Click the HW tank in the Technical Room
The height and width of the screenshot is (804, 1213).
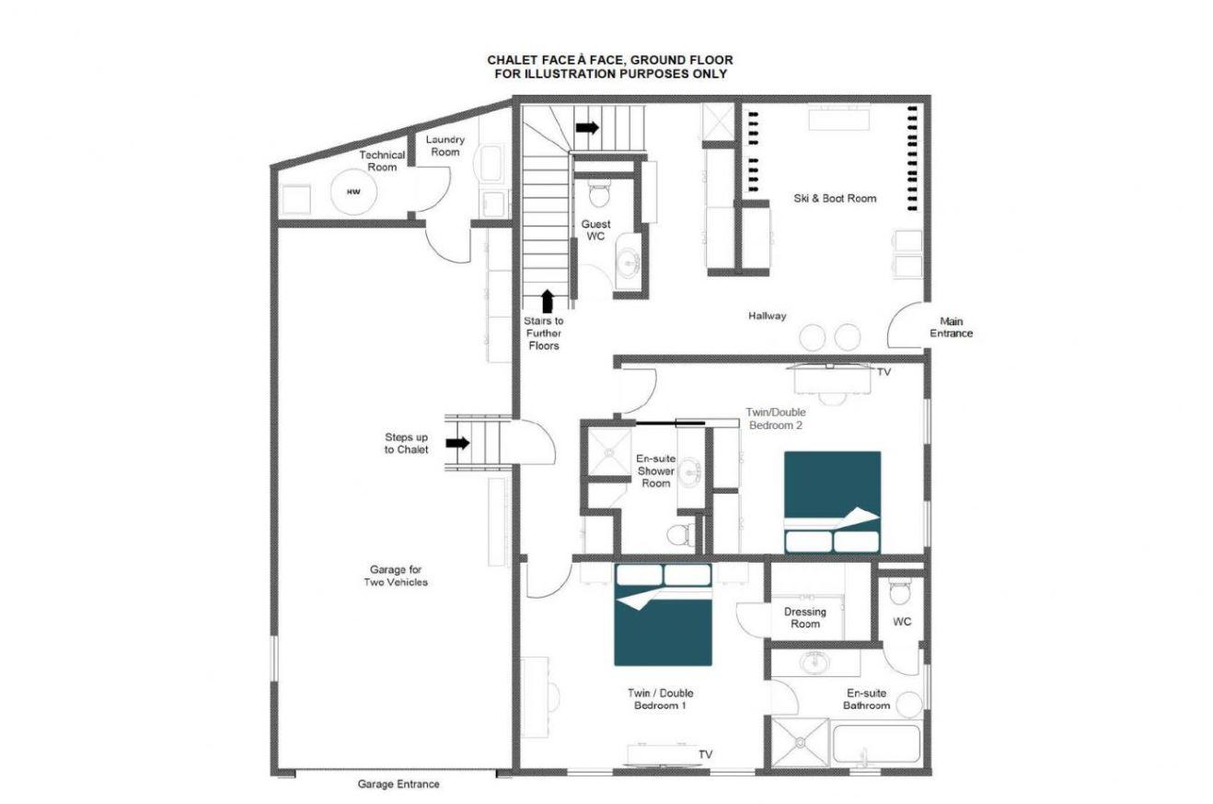click(353, 192)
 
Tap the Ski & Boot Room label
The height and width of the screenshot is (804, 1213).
click(835, 198)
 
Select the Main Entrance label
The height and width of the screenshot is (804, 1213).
click(951, 327)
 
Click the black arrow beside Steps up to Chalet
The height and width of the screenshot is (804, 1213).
click(457, 443)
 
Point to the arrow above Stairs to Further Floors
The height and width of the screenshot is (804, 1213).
click(548, 301)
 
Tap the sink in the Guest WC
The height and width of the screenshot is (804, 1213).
click(629, 262)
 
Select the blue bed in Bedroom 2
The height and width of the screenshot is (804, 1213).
click(832, 502)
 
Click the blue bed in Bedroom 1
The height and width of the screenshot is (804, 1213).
click(663, 614)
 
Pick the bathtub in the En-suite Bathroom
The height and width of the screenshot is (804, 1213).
click(875, 744)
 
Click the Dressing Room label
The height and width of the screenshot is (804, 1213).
click(805, 618)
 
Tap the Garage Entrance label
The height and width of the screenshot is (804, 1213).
click(399, 784)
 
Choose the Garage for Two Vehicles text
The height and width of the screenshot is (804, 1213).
click(396, 576)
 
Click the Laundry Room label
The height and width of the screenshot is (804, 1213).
click(445, 146)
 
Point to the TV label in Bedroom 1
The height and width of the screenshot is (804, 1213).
click(706, 754)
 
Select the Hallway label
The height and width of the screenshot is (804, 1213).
click(768, 315)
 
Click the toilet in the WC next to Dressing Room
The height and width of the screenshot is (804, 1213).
click(900, 590)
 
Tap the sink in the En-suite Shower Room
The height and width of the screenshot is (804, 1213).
click(690, 472)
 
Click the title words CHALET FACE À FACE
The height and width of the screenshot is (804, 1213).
click(549, 60)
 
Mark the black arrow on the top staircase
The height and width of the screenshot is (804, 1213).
click(587, 128)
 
